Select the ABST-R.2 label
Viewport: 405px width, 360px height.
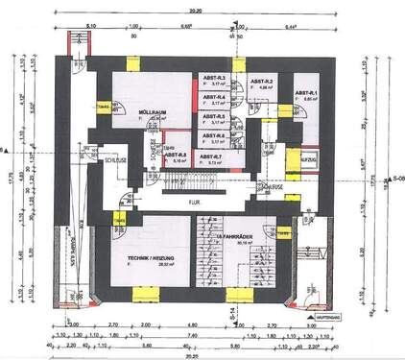coord(262,82)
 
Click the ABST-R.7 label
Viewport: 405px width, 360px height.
coord(211,155)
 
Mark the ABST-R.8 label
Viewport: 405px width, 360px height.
coord(176,155)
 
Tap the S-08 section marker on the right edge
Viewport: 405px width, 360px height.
coord(396,179)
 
